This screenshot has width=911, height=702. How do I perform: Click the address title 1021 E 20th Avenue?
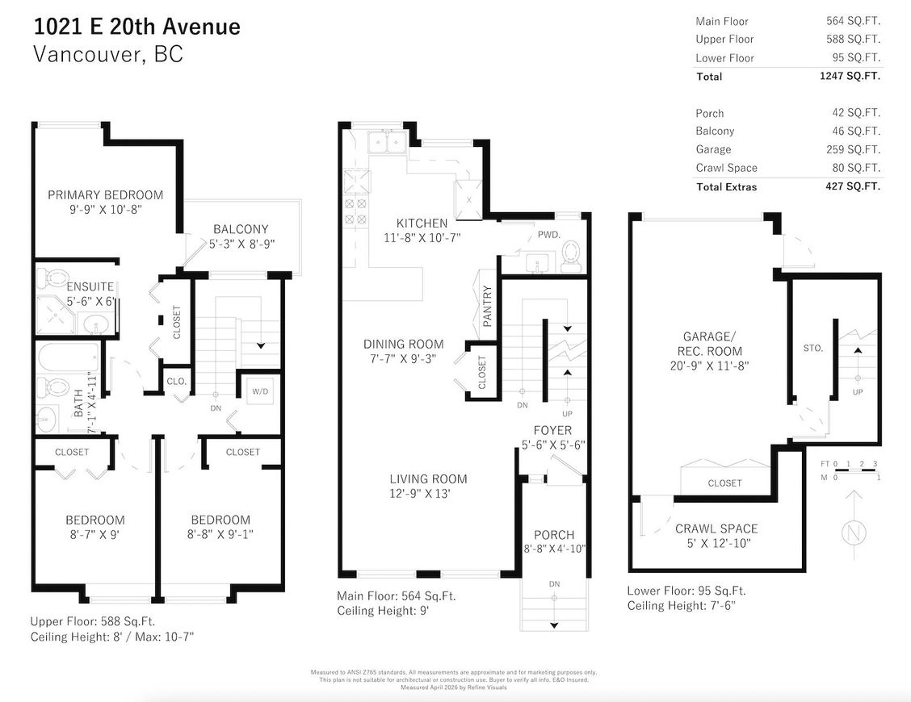pyautogui.click(x=136, y=27)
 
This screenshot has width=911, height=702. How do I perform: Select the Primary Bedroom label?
pyautogui.click(x=105, y=194)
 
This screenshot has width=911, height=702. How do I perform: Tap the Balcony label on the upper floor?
pyautogui.click(x=241, y=229)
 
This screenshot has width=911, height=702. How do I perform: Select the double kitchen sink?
pyautogui.click(x=385, y=144)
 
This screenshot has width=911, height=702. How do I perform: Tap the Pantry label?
pyautogui.click(x=487, y=306)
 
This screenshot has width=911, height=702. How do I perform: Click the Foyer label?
pyautogui.click(x=552, y=430)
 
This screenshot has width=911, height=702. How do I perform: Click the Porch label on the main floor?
pyautogui.click(x=554, y=535)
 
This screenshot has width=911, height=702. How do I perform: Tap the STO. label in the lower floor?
pyautogui.click(x=813, y=348)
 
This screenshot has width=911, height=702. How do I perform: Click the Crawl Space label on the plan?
pyautogui.click(x=716, y=529)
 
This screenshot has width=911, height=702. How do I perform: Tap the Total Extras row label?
pyautogui.click(x=726, y=186)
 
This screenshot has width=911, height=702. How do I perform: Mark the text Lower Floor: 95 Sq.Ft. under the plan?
pyautogui.click(x=686, y=591)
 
